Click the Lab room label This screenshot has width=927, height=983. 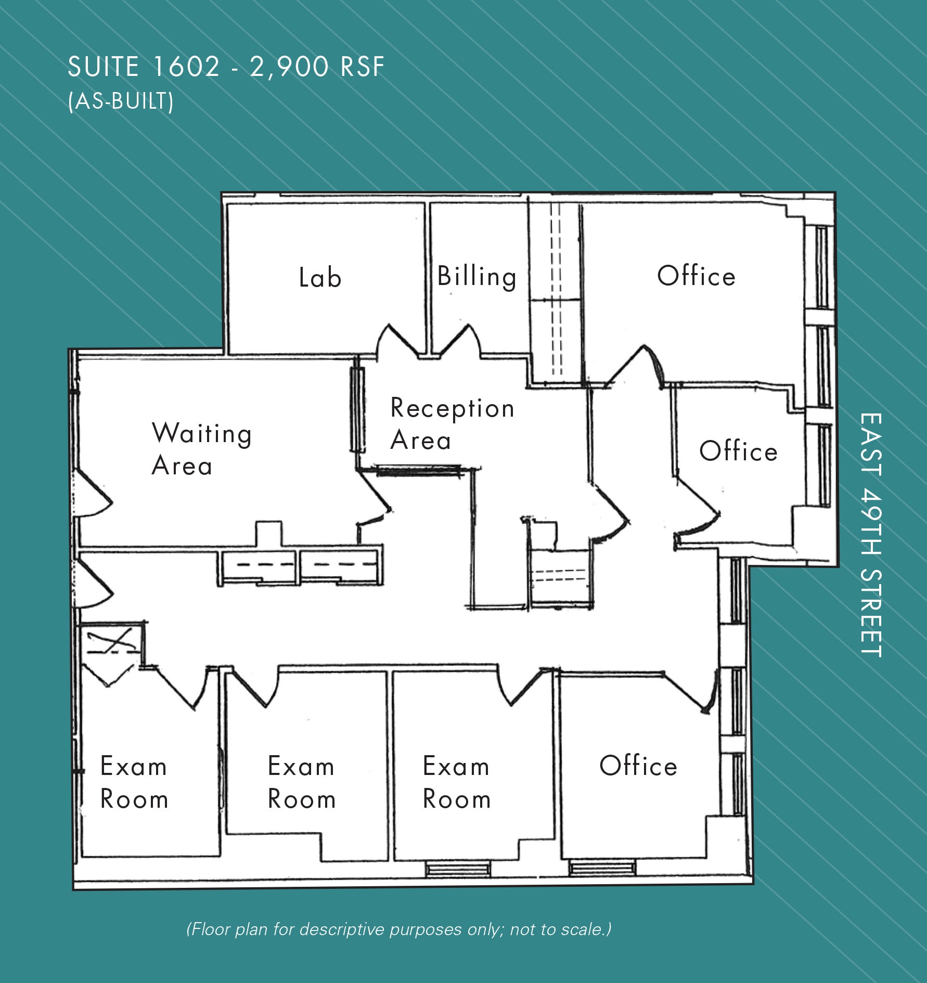[x=320, y=277]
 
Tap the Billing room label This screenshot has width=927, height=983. [x=477, y=276]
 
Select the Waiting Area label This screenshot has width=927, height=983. [x=201, y=449]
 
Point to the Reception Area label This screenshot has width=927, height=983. [x=452, y=424]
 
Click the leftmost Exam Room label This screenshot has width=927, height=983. [x=134, y=782]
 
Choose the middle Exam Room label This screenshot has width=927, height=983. [x=301, y=782]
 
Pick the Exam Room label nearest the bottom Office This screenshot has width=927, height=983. [x=456, y=782]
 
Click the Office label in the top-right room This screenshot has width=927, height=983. [x=696, y=276]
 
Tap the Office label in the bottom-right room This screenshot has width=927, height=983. [x=638, y=766]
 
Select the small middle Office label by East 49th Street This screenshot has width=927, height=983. [x=738, y=451]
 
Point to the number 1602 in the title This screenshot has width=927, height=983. [x=186, y=67]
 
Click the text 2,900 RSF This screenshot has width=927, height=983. [x=317, y=67]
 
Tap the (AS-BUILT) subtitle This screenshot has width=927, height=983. [x=121, y=101]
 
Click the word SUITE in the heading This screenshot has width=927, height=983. [x=103, y=67]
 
